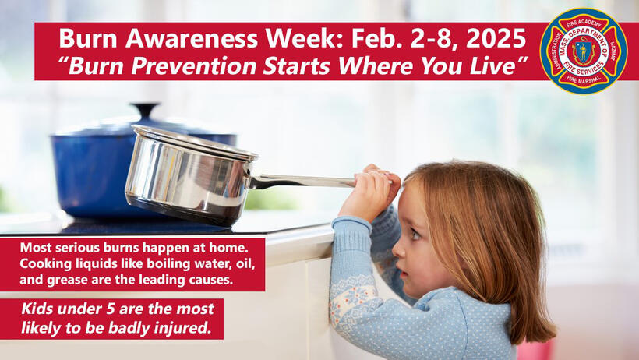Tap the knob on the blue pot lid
[144, 110]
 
